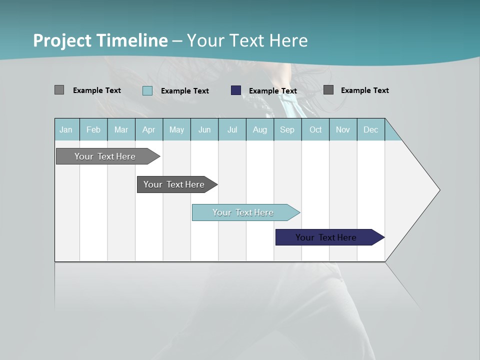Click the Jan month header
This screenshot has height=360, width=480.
66,129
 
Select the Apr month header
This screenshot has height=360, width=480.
148,129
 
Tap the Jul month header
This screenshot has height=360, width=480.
232,129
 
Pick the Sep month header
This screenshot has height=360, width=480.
287,129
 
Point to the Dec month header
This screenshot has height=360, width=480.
370,129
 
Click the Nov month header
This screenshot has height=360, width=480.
343,129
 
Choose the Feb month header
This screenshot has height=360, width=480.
93,129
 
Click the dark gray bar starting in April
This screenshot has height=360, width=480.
175,184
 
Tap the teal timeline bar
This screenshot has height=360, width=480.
244,212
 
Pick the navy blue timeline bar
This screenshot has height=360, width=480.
327,237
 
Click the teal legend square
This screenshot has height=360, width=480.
147,90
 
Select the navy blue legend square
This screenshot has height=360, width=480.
236,90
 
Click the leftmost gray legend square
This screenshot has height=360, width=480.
59,90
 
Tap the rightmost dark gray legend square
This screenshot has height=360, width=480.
328,90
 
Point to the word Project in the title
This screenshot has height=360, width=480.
62,40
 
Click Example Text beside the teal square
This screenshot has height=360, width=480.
185,91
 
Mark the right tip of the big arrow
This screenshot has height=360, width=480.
439,190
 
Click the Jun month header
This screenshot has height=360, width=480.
204,129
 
